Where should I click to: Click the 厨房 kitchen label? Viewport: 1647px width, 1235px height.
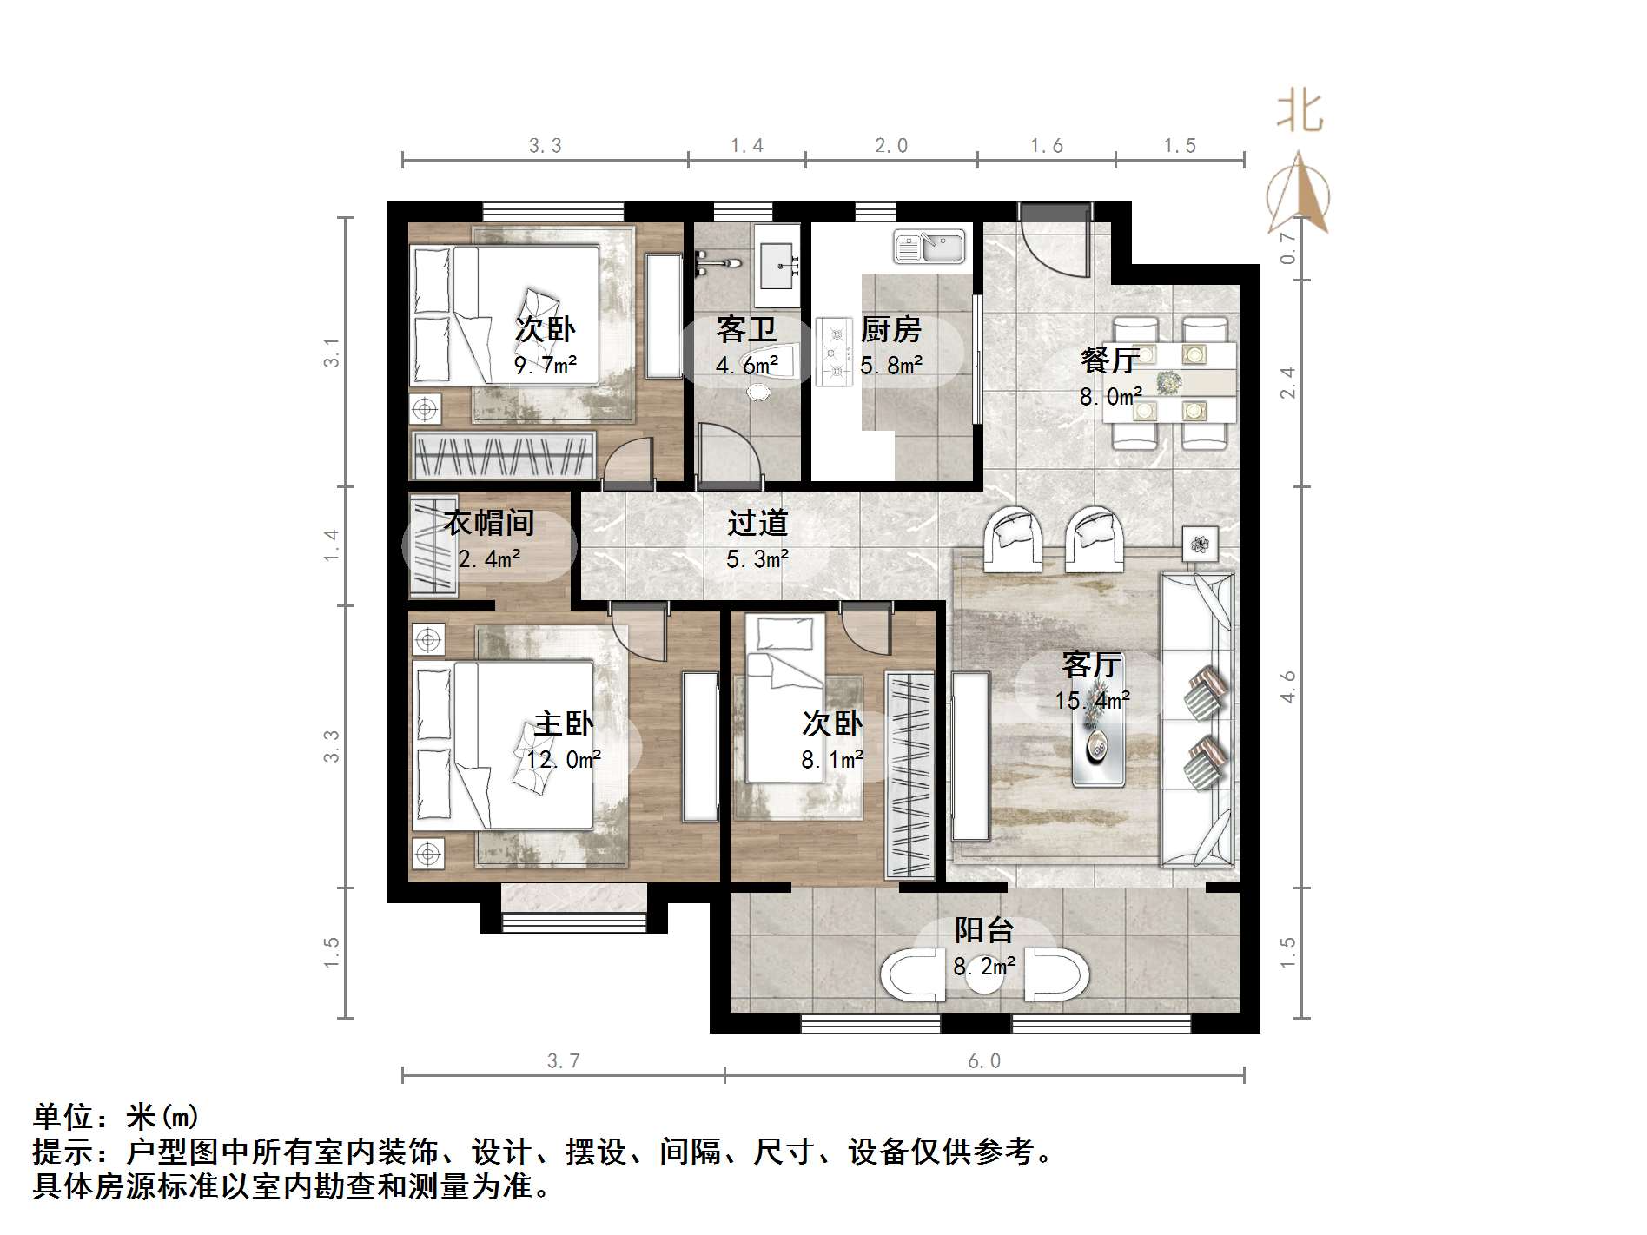(890, 330)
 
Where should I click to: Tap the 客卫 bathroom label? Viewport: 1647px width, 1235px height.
(745, 330)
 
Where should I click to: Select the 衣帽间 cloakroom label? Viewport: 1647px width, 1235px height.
(489, 523)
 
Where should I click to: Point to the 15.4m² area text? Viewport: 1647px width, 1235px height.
(1092, 700)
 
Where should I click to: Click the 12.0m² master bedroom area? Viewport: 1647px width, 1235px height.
(564, 760)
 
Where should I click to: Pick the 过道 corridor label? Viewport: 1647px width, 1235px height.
(757, 523)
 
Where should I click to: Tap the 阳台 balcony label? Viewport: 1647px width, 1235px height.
(984, 930)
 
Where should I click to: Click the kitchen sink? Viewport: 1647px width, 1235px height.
(929, 247)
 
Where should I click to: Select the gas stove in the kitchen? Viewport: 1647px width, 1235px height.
(835, 352)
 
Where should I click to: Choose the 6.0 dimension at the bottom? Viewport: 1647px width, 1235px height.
(984, 1061)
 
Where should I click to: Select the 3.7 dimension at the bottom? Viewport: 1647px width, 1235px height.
(564, 1061)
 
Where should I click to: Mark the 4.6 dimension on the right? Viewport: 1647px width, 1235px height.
(1287, 687)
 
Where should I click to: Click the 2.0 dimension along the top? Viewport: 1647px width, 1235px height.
(891, 146)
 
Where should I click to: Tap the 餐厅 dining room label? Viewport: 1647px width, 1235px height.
(1109, 360)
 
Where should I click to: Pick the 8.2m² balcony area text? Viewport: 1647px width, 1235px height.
(984, 966)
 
